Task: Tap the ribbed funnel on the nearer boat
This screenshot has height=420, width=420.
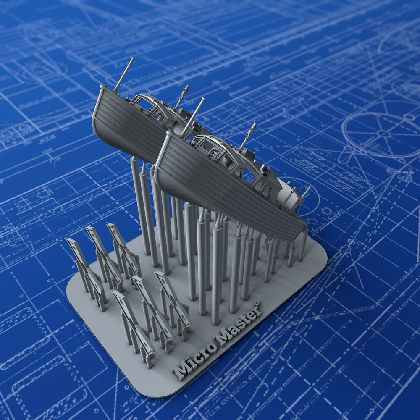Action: [248, 136]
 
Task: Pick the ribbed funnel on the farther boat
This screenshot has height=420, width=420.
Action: [182, 97]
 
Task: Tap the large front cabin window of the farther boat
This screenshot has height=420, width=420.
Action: [145, 102]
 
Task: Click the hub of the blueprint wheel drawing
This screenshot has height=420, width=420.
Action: [383, 133]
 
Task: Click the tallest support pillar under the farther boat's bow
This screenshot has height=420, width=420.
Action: [137, 206]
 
